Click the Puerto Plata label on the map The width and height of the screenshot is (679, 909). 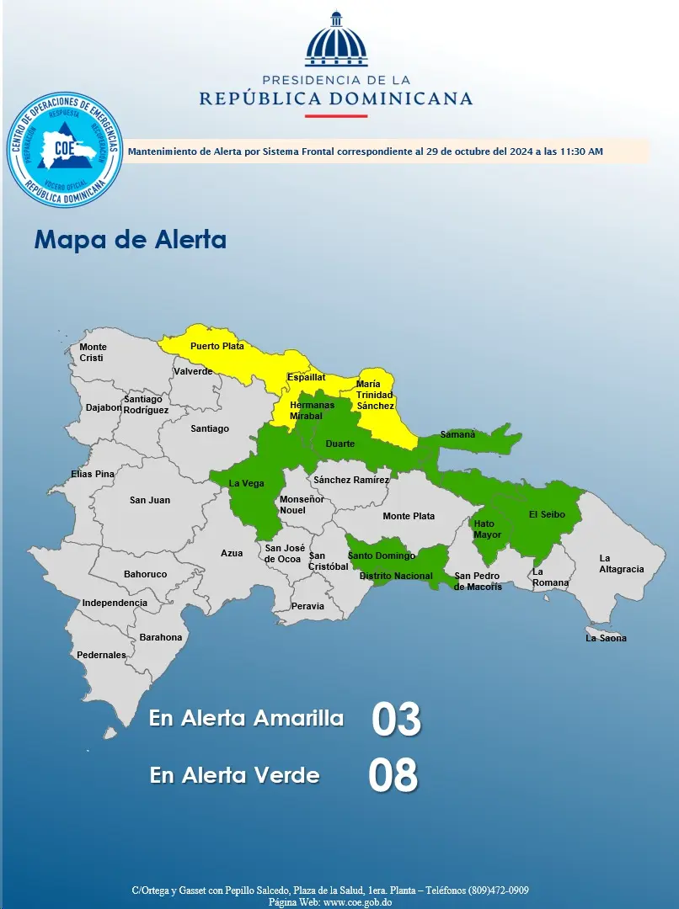(x=217, y=346)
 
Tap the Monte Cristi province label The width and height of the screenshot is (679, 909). (x=92, y=353)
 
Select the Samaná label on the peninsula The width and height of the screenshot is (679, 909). (x=457, y=434)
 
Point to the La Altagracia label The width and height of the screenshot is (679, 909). (x=621, y=564)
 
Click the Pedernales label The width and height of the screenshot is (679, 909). (x=101, y=655)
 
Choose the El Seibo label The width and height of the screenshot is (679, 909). (x=547, y=514)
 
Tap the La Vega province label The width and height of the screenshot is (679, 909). (x=247, y=483)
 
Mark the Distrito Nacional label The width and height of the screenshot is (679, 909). (x=395, y=577)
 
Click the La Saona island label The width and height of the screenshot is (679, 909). (x=606, y=638)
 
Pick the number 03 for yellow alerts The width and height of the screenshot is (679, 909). (x=395, y=720)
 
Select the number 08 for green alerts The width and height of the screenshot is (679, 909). (x=393, y=776)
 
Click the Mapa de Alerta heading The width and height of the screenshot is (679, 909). (x=130, y=240)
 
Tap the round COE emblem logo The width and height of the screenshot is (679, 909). (x=65, y=149)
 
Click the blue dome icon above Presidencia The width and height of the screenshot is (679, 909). (x=336, y=40)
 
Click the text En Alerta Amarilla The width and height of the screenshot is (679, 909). (x=246, y=719)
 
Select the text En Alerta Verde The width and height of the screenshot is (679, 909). (x=234, y=775)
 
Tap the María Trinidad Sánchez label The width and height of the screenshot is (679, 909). (x=374, y=395)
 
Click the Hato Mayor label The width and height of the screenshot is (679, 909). (x=487, y=529)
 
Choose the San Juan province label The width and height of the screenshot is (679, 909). (x=150, y=500)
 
